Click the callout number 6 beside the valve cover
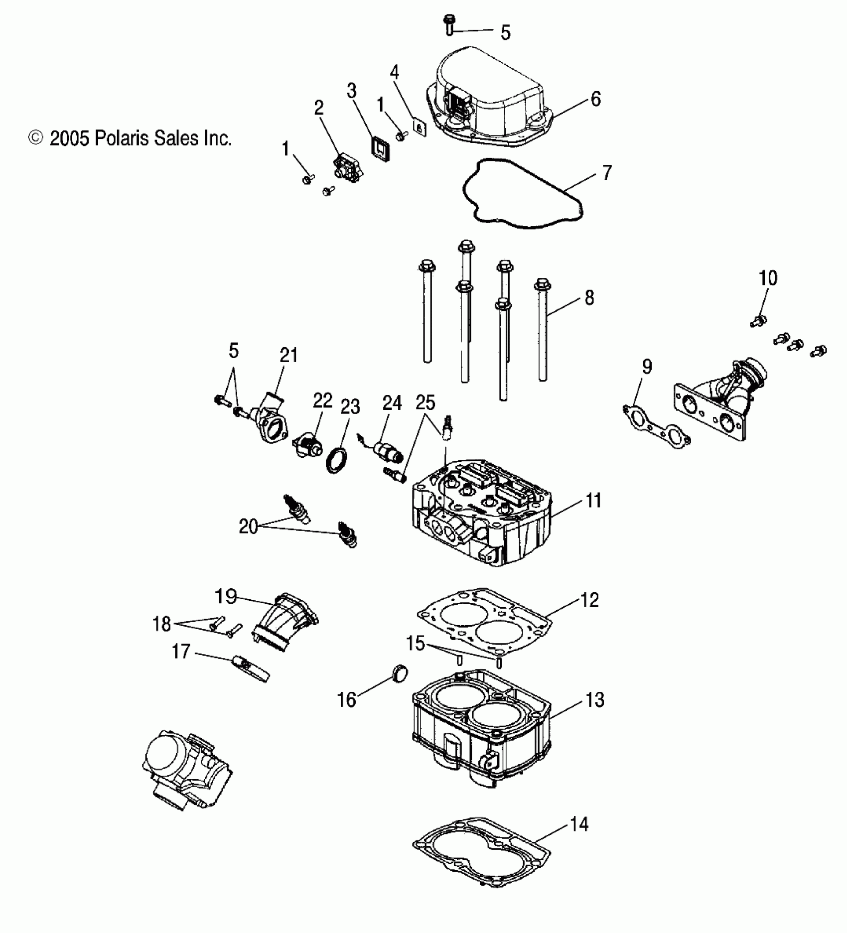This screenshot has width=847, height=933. click(595, 99)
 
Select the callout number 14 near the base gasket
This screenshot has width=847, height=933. click(578, 823)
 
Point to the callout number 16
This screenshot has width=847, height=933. click(347, 700)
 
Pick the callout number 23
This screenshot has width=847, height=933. click(350, 407)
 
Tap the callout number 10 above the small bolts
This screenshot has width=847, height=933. click(768, 278)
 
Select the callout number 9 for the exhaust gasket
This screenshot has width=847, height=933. click(646, 367)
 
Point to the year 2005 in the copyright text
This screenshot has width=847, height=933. click(69, 138)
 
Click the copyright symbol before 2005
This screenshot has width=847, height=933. click(36, 138)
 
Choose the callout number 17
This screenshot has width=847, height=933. click(181, 651)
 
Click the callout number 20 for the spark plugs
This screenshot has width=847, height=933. click(248, 527)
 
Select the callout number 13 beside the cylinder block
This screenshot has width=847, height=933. click(594, 700)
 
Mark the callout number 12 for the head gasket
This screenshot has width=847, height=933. click(589, 600)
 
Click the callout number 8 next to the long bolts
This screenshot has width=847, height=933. click(589, 298)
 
